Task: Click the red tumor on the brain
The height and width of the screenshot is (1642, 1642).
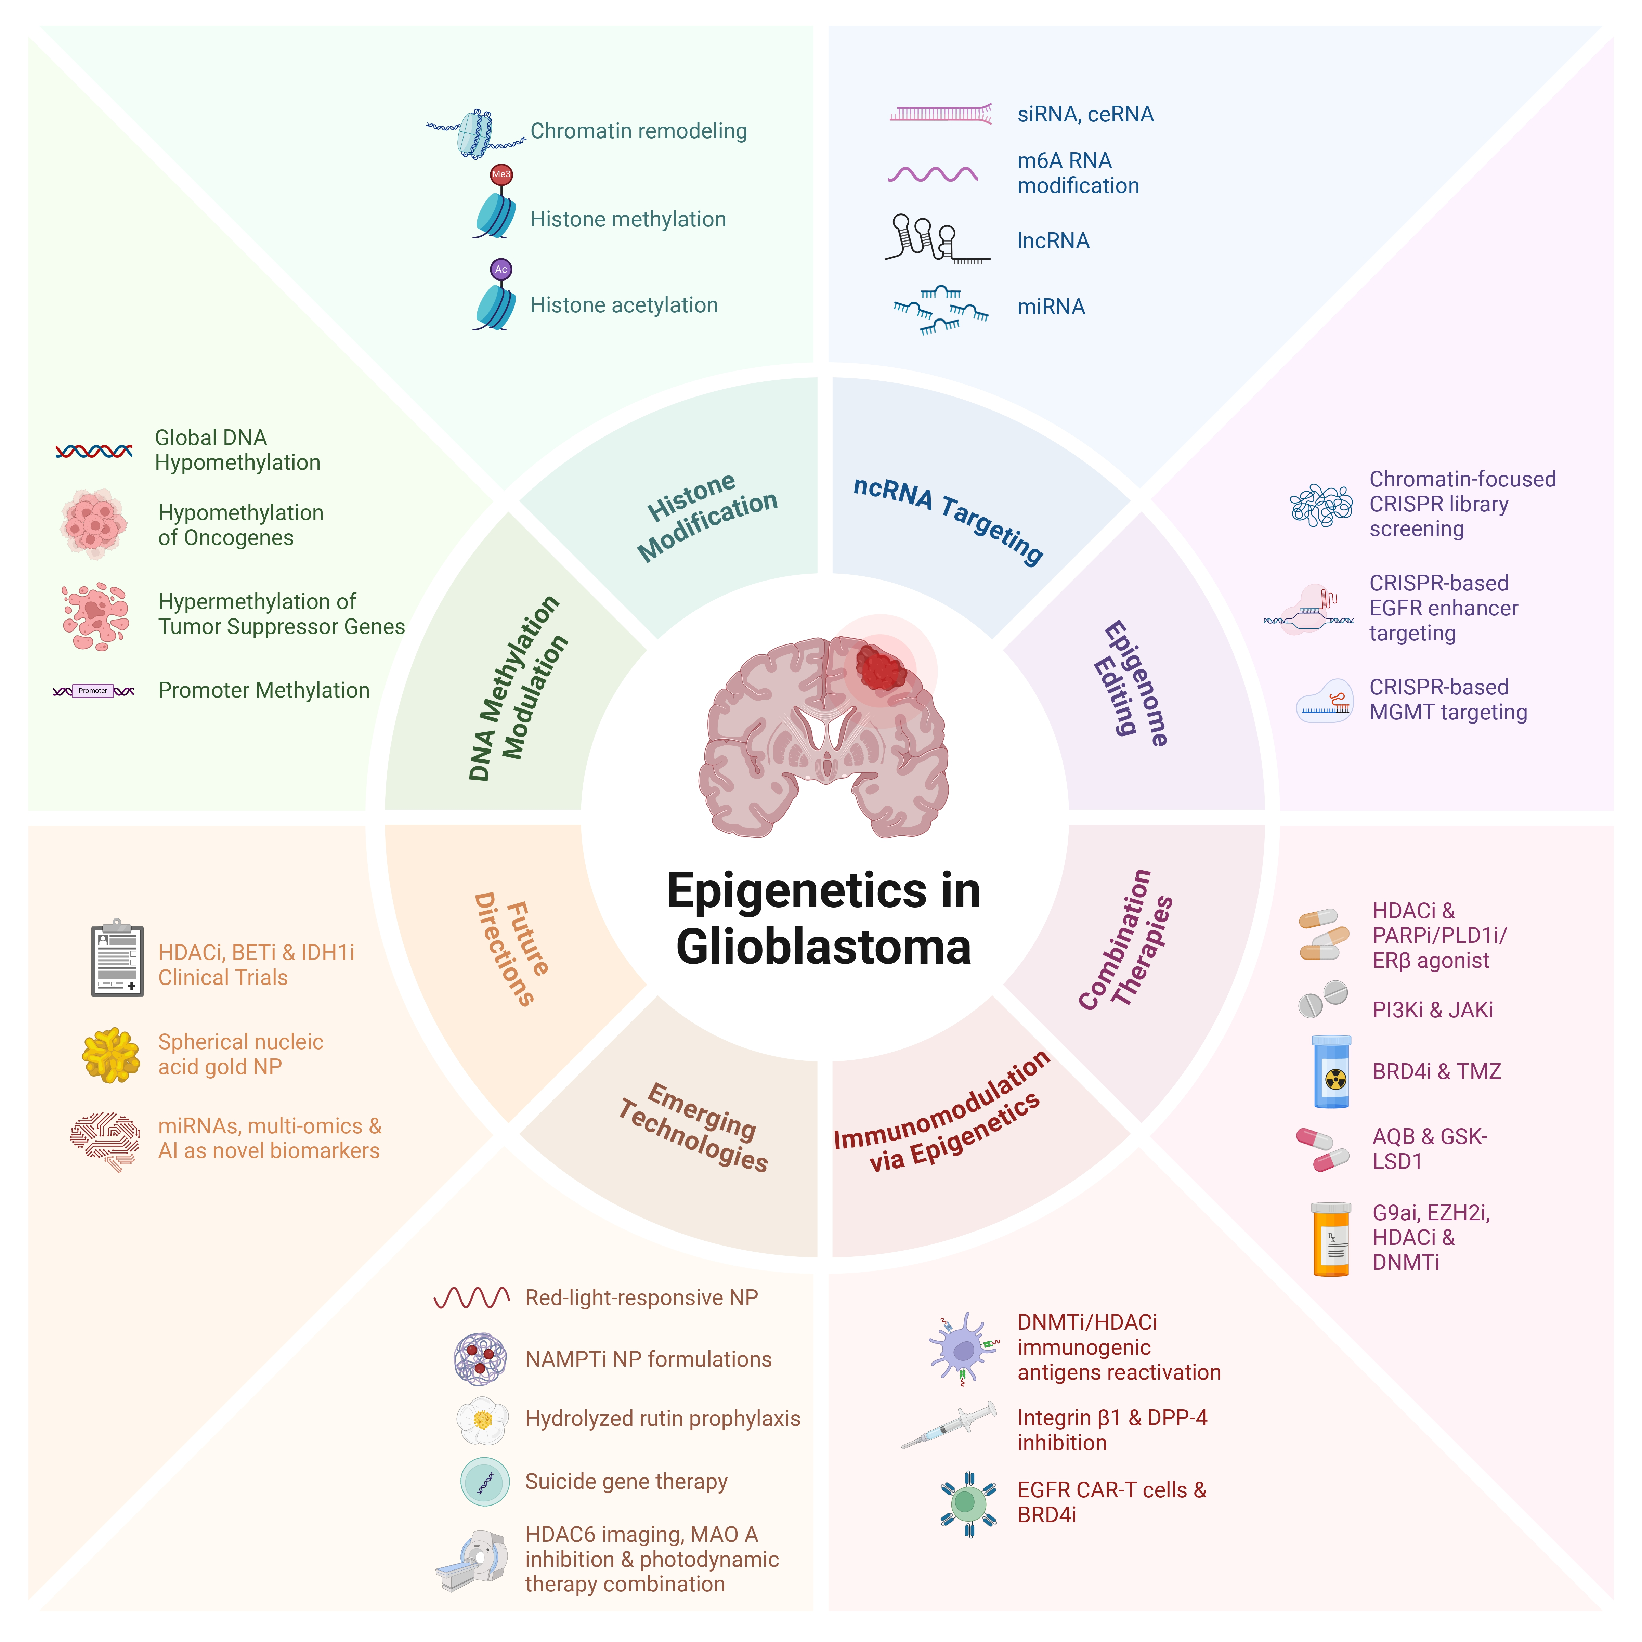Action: coord(881,667)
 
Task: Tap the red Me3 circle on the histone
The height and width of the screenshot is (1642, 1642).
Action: coord(501,174)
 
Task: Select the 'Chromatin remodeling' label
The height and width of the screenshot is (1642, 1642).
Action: coord(638,131)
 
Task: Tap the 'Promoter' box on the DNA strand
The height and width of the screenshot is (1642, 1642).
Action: coord(93,691)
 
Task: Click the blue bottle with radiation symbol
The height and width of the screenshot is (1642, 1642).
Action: coord(1331,1072)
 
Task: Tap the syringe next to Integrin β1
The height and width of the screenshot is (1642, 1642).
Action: coord(949,1425)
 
